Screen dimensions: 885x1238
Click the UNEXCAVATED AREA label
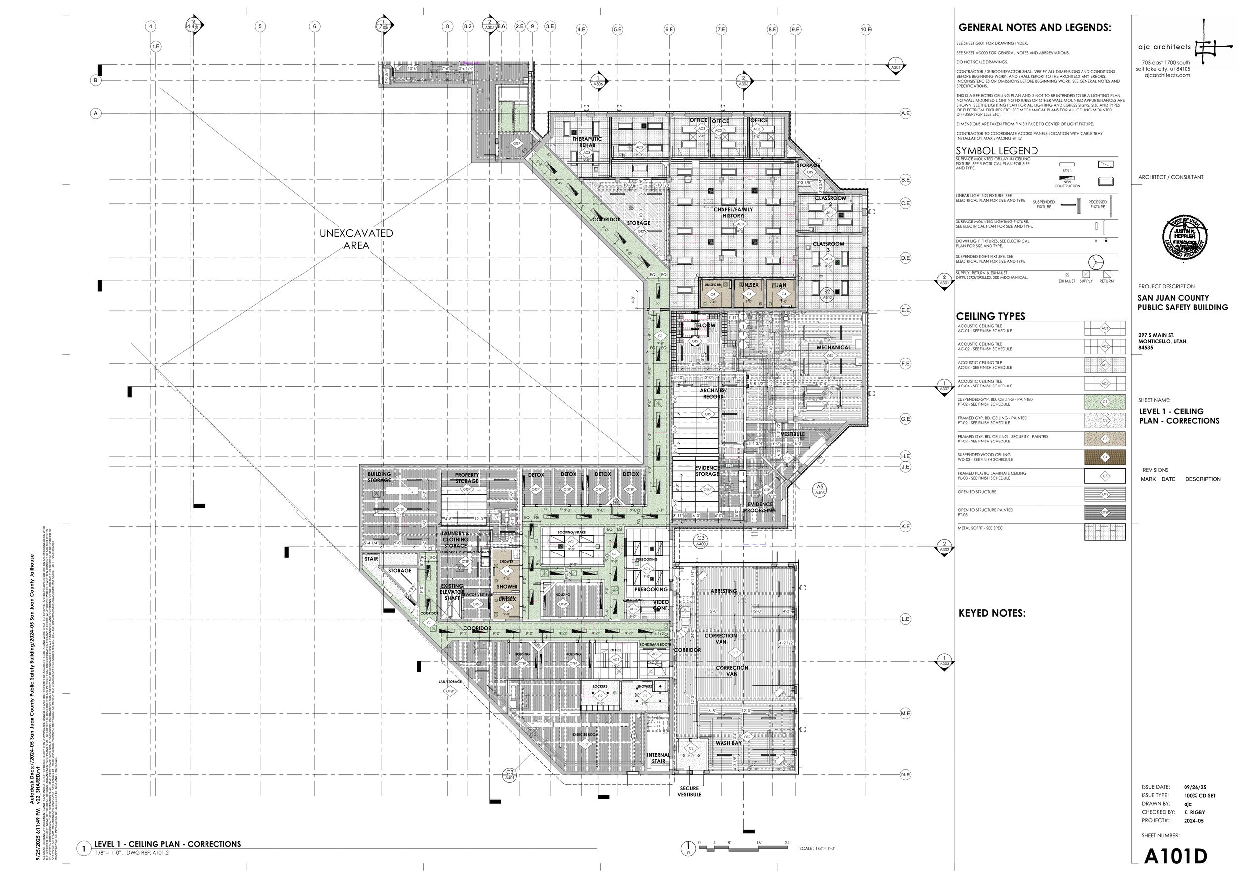tap(356, 239)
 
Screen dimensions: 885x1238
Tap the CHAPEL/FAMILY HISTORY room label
tap(733, 212)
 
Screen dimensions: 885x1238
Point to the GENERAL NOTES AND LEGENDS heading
tap(1034, 28)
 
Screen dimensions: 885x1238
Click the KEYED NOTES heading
tap(991, 613)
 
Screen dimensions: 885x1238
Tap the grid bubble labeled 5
tap(260, 26)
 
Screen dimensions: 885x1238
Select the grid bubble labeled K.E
tap(905, 526)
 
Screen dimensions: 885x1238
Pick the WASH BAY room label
tap(728, 743)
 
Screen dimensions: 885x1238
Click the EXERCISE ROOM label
tap(585, 734)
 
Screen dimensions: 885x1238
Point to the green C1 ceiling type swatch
tap(1105, 402)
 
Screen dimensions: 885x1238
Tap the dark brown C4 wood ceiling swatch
tap(1105, 457)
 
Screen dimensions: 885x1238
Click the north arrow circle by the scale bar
tap(688, 848)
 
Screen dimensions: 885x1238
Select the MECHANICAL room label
tap(833, 348)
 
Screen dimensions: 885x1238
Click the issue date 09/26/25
tap(1195, 803)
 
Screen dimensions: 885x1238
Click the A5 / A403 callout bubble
tap(819, 489)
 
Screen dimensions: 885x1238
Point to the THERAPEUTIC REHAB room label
tap(587, 142)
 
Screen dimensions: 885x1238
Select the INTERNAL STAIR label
tap(658, 758)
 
